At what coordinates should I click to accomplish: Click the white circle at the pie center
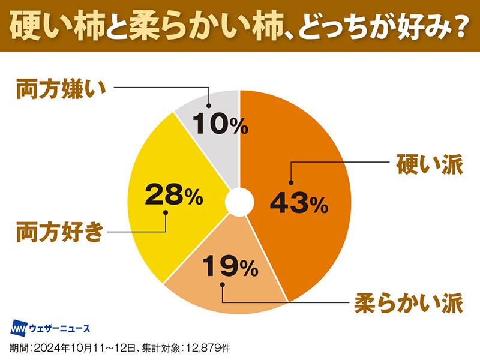coord(239,202)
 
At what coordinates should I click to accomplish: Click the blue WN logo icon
coord(19,328)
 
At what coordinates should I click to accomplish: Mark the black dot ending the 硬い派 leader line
coord(292,182)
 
